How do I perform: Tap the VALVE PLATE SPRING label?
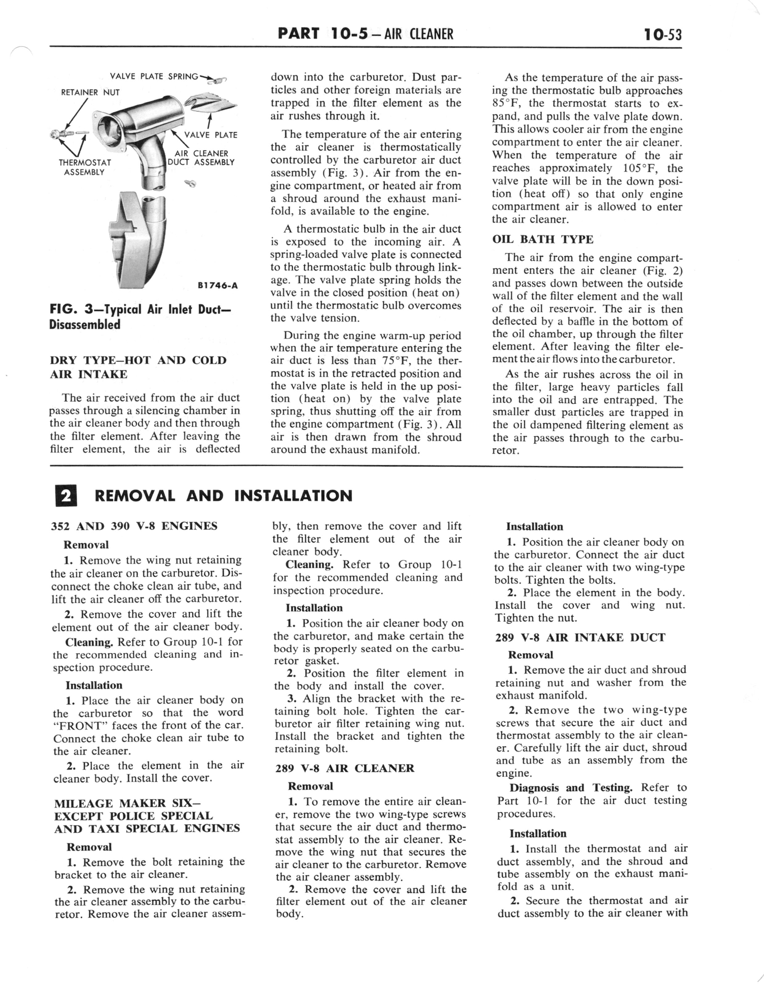154,76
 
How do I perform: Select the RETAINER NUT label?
90,92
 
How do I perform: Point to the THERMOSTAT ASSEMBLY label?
85,167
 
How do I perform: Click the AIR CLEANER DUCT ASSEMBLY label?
201,158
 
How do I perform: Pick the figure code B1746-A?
217,286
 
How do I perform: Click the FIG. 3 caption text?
140,317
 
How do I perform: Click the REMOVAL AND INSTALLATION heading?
223,496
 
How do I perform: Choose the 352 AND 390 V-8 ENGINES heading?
134,526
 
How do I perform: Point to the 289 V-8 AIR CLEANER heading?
345,768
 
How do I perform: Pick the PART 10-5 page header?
365,34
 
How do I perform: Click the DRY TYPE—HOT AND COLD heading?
138,360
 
